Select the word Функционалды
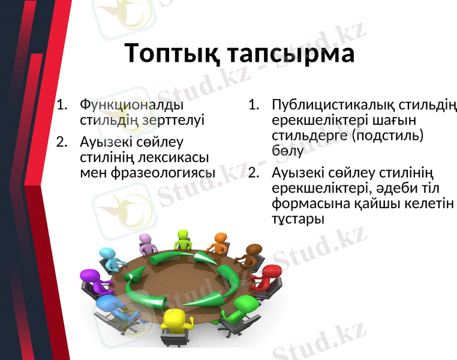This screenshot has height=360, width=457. (132, 104)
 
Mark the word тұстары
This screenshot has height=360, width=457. (297, 219)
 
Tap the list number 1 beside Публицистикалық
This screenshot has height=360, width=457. (253, 105)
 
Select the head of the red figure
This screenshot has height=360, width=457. (273, 272)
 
